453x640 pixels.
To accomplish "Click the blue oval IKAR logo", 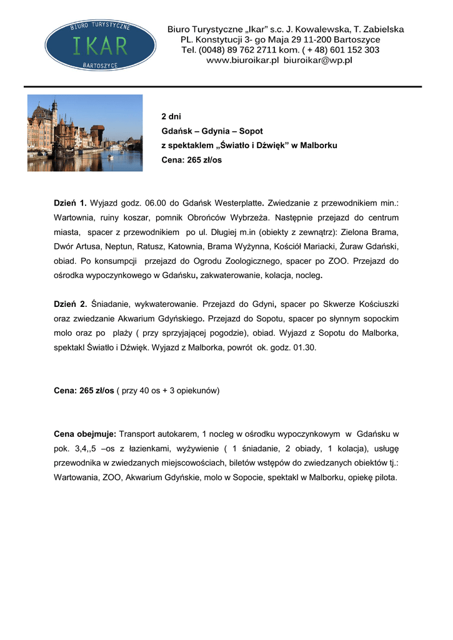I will click(96, 44).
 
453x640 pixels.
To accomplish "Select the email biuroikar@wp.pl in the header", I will click(318, 61).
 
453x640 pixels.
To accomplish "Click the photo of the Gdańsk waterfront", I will click(85, 132).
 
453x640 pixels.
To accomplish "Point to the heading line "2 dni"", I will click(171, 117).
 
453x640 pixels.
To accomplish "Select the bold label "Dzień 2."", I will click(70, 304).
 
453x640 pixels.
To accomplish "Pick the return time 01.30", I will click(304, 347).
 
